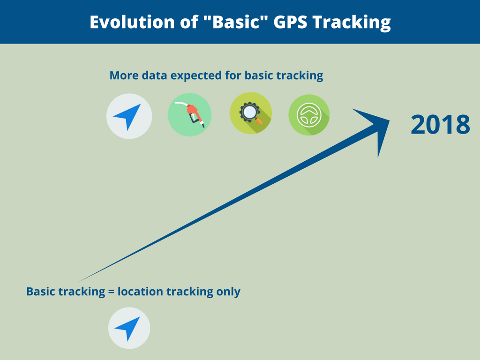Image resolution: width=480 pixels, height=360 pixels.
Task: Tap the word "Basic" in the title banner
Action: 236,22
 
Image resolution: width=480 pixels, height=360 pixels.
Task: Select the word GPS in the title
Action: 290,22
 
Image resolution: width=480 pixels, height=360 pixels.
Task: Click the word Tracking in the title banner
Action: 352,22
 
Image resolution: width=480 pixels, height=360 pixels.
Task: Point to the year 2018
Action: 440,125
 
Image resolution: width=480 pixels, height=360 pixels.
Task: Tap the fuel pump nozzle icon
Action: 190,115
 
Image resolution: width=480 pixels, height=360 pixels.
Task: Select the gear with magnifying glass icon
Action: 251,113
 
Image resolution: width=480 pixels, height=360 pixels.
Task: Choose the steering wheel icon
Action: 309,115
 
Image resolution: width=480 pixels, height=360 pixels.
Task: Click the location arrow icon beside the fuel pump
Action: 129,116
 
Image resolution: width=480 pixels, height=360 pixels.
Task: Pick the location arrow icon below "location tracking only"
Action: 129,328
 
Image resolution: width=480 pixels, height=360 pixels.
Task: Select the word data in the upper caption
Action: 154,75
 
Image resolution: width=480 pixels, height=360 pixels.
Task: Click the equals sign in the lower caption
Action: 111,292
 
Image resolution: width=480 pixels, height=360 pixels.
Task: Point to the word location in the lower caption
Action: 140,291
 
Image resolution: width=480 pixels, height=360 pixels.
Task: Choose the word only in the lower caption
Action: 228,292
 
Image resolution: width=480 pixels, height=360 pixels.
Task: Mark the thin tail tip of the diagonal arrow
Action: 79,282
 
